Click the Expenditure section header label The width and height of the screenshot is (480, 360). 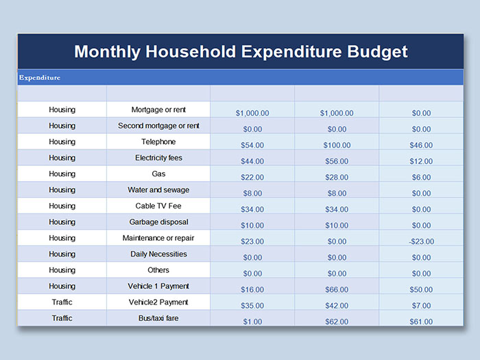click(40, 77)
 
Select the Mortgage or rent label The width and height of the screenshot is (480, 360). click(158, 110)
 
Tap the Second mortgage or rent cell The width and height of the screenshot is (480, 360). click(158, 126)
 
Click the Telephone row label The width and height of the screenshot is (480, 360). click(158, 142)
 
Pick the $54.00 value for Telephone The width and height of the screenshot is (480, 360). click(252, 145)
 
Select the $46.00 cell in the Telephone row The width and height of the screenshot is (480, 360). click(422, 145)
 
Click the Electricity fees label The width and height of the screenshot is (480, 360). click(158, 158)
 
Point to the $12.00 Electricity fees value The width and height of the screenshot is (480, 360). click(422, 161)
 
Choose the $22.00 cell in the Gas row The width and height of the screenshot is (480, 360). click(252, 178)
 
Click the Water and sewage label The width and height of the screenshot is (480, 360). click(158, 190)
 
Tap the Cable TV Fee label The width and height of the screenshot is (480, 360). click(158, 206)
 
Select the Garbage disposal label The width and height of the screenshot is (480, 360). click(158, 222)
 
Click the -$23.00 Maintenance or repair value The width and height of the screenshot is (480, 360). click(422, 241)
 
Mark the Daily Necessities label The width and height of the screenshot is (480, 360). click(158, 254)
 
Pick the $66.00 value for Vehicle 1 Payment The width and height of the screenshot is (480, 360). click(337, 289)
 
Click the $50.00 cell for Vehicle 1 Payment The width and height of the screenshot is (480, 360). click(422, 289)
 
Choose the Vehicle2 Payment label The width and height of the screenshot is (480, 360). click(158, 302)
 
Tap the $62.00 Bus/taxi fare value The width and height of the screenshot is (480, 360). click(337, 322)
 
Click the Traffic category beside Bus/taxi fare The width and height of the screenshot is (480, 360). click(62, 318)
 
